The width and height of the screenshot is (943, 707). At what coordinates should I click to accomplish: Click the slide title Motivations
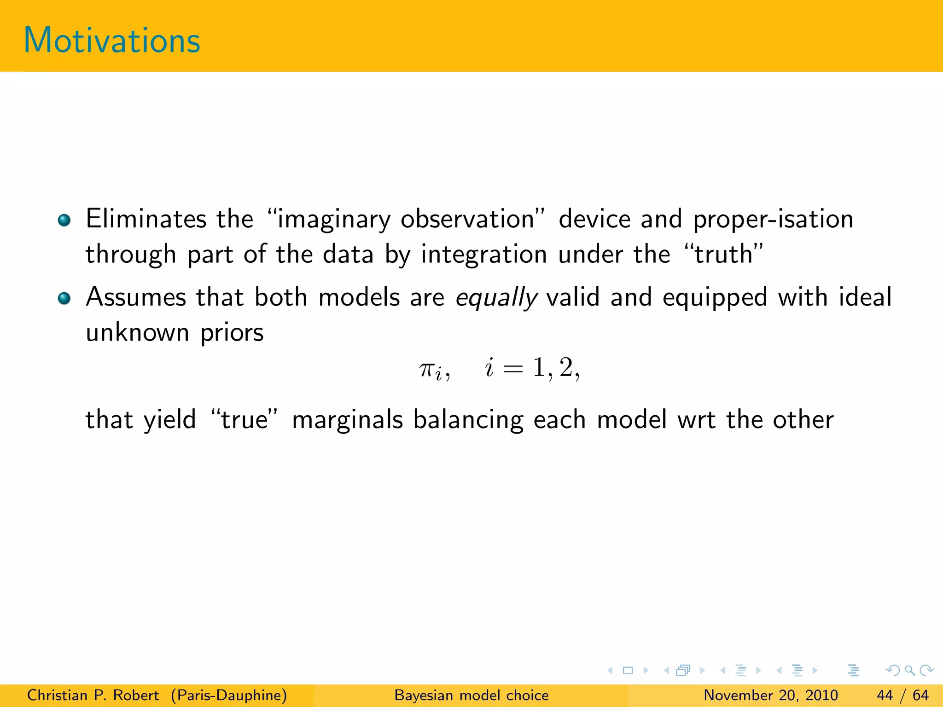[112, 41]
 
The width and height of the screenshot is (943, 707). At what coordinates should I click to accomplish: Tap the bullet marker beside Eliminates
[64, 220]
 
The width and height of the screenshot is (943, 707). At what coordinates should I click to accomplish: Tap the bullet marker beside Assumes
[64, 299]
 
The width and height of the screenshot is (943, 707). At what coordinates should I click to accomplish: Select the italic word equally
[496, 298]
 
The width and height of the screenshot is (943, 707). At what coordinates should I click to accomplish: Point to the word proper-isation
[773, 219]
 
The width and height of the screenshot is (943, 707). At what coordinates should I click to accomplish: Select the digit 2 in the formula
[566, 368]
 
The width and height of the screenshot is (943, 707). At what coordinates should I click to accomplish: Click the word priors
[232, 333]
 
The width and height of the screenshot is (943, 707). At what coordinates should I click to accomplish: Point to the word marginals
[348, 420]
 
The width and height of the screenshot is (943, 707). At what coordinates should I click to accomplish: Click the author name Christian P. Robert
[93, 695]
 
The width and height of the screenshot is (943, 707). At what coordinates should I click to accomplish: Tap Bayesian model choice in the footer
[471, 695]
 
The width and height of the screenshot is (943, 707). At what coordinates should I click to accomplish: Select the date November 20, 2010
[770, 695]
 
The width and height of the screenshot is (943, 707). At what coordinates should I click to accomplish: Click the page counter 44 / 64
[902, 695]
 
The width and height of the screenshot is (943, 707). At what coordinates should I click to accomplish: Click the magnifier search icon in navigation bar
[909, 670]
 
